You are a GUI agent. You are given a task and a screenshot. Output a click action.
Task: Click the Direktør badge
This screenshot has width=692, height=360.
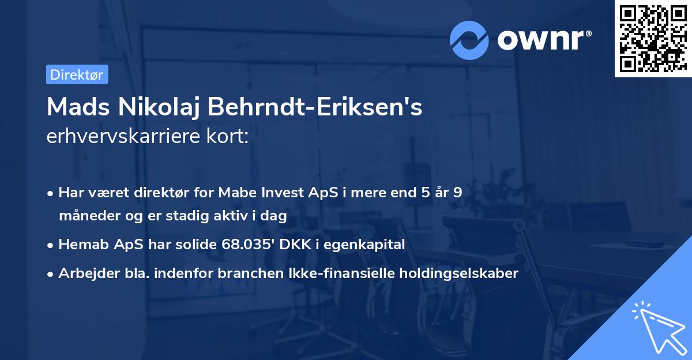point(77,74)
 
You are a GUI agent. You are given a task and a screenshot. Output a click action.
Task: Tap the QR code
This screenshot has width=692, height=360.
point(651,39)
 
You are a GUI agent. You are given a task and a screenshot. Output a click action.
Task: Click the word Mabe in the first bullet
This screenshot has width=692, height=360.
point(236,193)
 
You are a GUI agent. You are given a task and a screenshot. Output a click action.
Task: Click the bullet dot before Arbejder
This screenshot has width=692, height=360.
point(51,273)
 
